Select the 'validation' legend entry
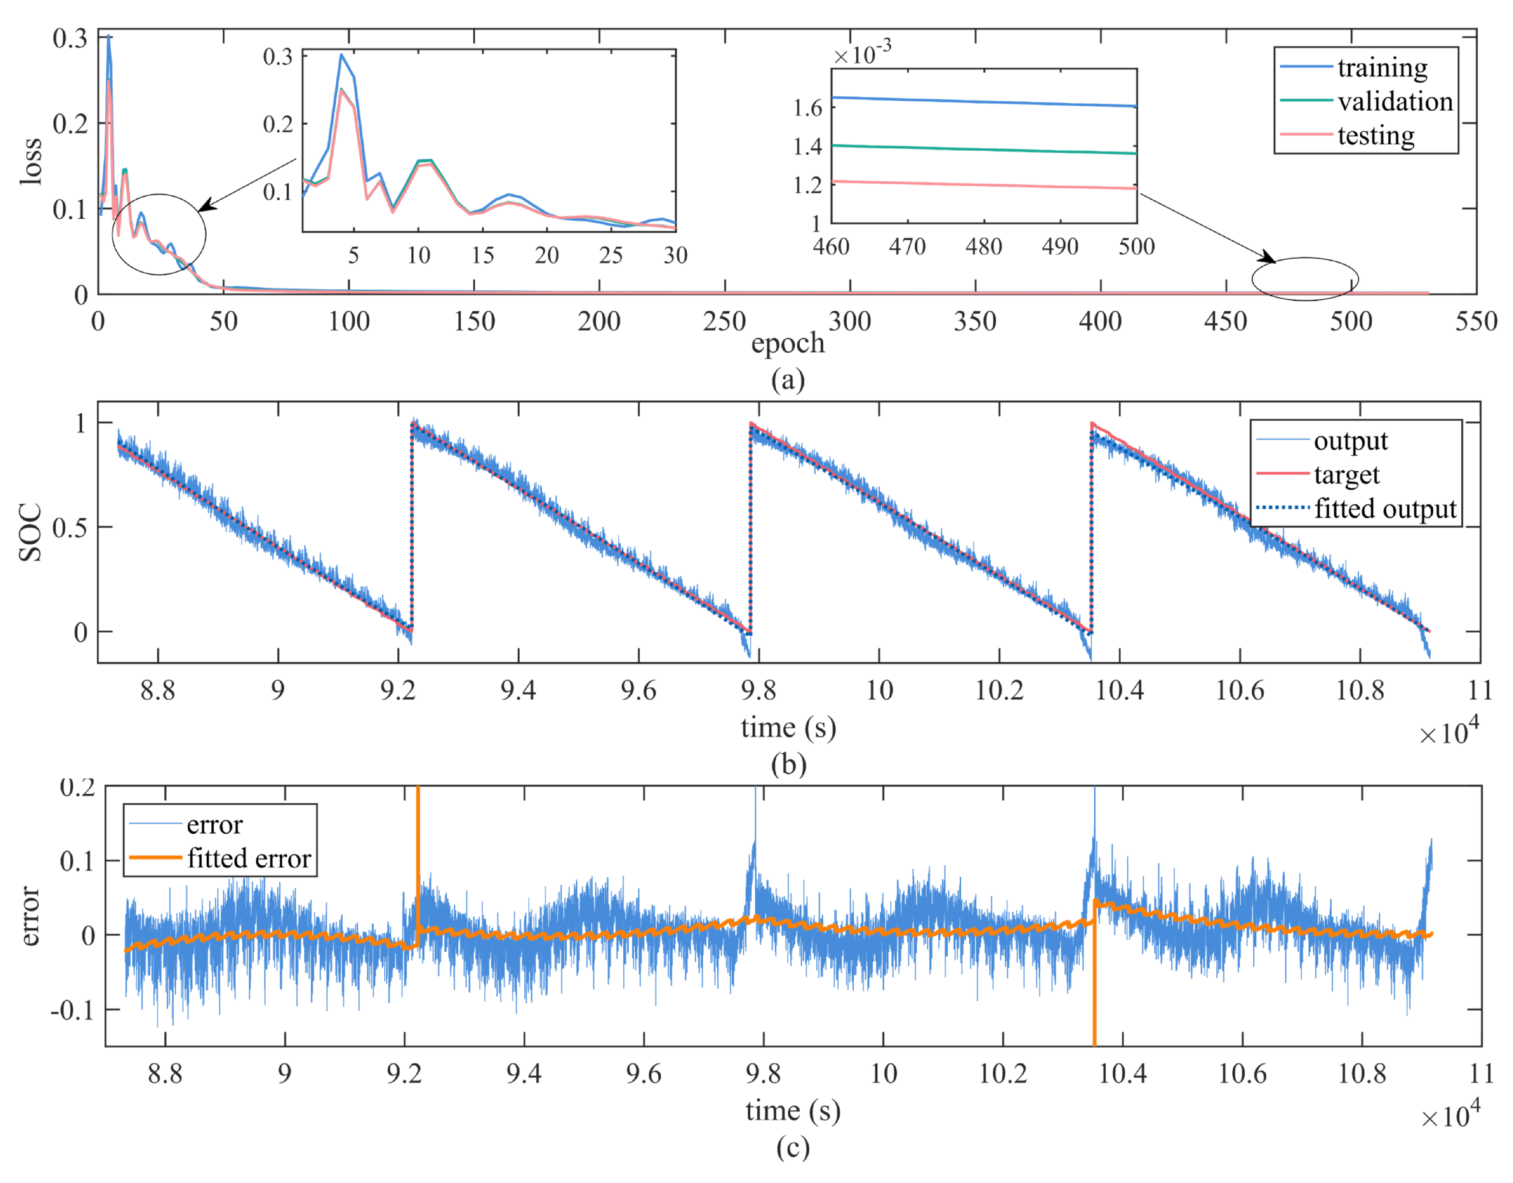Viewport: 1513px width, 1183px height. click(1395, 101)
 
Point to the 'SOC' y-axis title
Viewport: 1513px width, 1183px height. click(31, 532)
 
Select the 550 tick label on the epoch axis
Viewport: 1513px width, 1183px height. click(1476, 321)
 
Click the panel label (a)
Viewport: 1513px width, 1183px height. click(787, 380)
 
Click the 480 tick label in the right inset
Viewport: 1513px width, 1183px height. click(984, 247)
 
